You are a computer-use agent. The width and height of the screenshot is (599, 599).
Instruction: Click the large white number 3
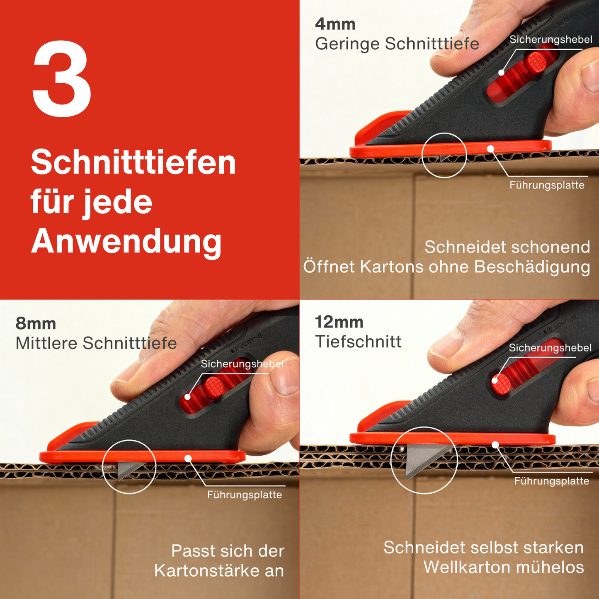(62, 79)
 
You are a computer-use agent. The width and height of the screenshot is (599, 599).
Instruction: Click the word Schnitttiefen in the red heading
(133, 162)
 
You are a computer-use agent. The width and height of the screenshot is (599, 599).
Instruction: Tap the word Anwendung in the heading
(126, 242)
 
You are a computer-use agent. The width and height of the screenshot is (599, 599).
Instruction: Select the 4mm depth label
(335, 24)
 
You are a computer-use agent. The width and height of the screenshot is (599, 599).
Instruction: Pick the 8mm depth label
(36, 323)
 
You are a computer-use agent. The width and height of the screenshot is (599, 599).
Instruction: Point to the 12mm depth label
(339, 322)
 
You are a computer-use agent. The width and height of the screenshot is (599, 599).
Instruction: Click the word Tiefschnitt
(358, 342)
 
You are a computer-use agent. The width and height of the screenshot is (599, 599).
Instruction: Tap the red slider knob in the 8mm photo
(214, 387)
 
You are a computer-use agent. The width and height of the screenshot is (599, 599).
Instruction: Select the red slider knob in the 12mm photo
(501, 383)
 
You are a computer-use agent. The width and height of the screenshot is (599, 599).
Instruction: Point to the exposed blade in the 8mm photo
(129, 468)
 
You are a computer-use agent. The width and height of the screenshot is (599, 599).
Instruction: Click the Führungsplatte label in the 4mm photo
(547, 185)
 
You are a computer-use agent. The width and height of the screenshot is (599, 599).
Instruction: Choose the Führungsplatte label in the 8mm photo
(245, 495)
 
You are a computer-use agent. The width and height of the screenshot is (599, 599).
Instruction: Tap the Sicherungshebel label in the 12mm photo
(550, 348)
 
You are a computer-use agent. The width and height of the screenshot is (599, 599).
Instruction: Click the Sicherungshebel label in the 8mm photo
(242, 364)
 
